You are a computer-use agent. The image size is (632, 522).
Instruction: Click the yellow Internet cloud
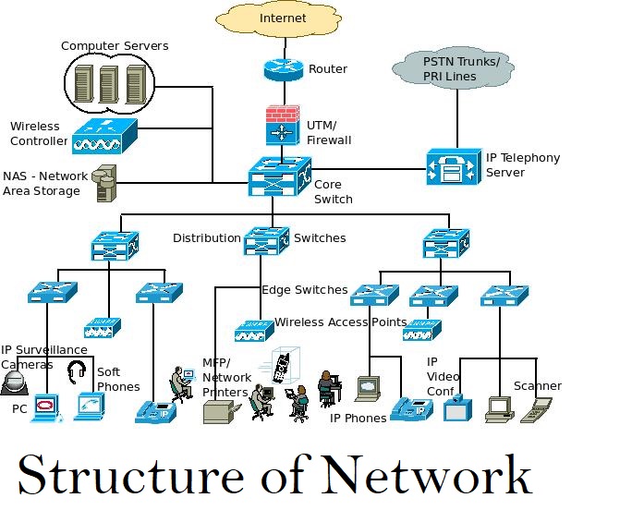click(x=282, y=19)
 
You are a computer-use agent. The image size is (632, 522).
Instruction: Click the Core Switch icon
click(x=280, y=176)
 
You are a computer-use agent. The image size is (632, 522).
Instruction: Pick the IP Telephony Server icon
click(x=453, y=167)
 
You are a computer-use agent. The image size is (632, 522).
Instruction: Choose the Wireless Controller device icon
click(x=103, y=136)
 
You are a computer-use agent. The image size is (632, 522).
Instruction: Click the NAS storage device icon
click(x=104, y=182)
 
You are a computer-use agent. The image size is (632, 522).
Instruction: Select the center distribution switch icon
click(x=267, y=240)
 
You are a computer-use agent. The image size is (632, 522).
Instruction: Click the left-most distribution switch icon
click(x=114, y=245)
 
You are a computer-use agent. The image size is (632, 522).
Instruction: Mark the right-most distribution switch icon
click(x=446, y=244)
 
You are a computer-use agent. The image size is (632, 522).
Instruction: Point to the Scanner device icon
click(x=535, y=409)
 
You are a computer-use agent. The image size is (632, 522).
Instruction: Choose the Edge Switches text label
click(x=304, y=290)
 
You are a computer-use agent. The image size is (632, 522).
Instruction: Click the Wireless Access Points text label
click(x=340, y=322)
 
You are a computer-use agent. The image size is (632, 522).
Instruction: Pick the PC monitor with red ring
click(x=44, y=407)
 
